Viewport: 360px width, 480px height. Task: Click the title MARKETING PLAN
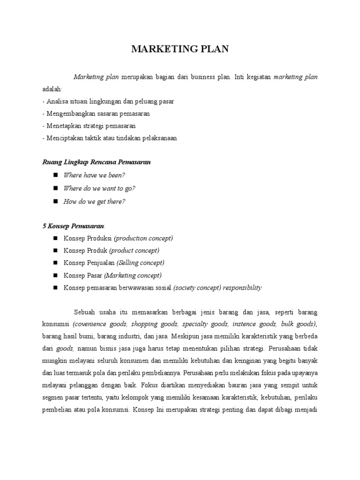[180, 49]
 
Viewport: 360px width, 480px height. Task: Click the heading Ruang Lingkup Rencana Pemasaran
[97, 162]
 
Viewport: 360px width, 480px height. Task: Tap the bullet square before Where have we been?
[55, 175]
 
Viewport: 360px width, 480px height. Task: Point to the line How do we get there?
[94, 202]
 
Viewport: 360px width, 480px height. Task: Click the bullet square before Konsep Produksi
[55, 238]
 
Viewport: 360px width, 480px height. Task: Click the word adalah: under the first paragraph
[52, 89]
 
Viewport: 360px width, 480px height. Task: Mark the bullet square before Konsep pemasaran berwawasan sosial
[55, 288]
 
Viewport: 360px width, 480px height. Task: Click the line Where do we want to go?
[99, 188]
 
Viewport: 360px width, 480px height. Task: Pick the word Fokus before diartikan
[148, 385]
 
